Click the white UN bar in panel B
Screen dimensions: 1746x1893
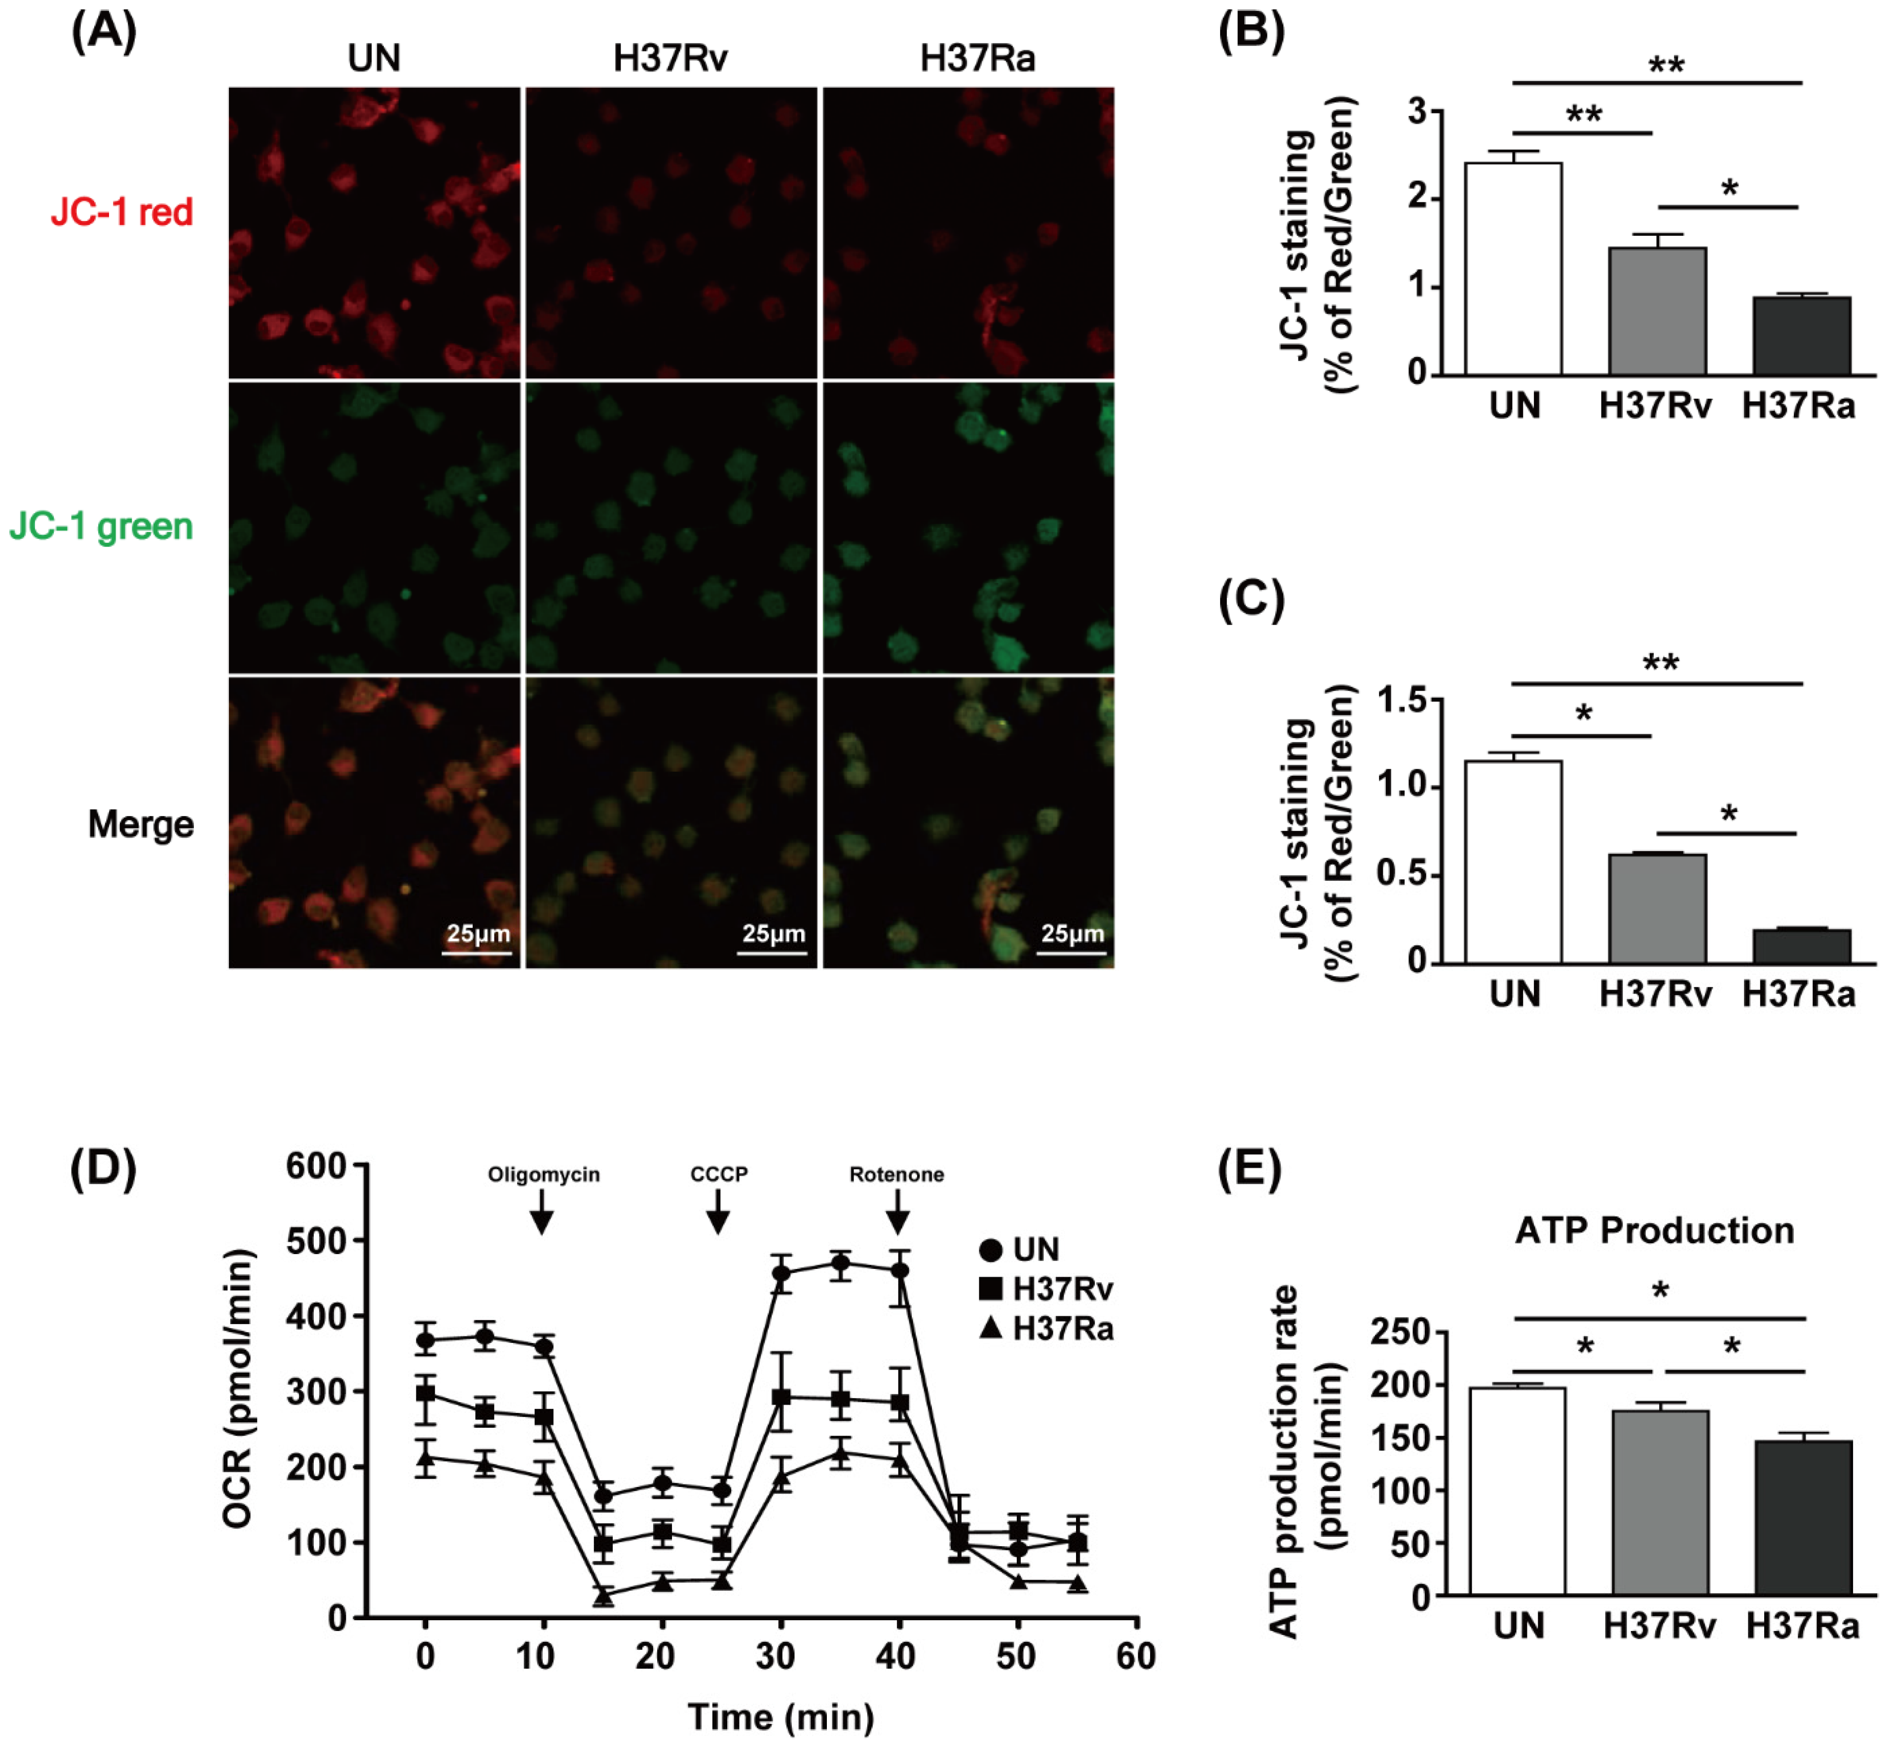pos(1513,269)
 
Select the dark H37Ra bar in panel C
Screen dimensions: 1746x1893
pos(1801,947)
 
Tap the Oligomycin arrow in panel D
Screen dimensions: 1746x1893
pos(541,1212)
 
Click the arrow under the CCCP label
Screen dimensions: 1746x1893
pos(718,1212)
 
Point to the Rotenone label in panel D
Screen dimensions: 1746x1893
pos(896,1174)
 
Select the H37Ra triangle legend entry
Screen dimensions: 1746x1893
pos(1046,1329)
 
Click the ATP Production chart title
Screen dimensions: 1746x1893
pos(1654,1230)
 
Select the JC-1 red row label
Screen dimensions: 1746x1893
pos(122,212)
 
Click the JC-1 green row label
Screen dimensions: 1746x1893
pos(101,526)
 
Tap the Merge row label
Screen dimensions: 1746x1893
pos(141,824)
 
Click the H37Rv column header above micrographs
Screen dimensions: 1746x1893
pos(670,59)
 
